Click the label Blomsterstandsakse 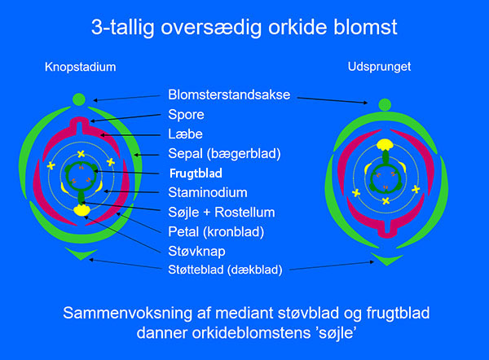(229, 94)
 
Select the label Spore (186, 115)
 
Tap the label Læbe (185, 134)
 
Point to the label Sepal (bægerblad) (224, 154)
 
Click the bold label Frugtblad (196, 173)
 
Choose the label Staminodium (208, 192)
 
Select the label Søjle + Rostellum (222, 213)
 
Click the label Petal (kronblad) (216, 232)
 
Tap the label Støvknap (196, 251)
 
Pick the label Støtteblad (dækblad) (225, 270)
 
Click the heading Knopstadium (81, 67)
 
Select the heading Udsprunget (379, 67)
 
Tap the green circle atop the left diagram (79, 99)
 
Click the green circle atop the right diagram (385, 105)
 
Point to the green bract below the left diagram (81, 254)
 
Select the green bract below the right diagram (386, 259)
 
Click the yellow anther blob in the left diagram (82, 210)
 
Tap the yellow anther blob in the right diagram (385, 145)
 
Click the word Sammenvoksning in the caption (127, 314)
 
